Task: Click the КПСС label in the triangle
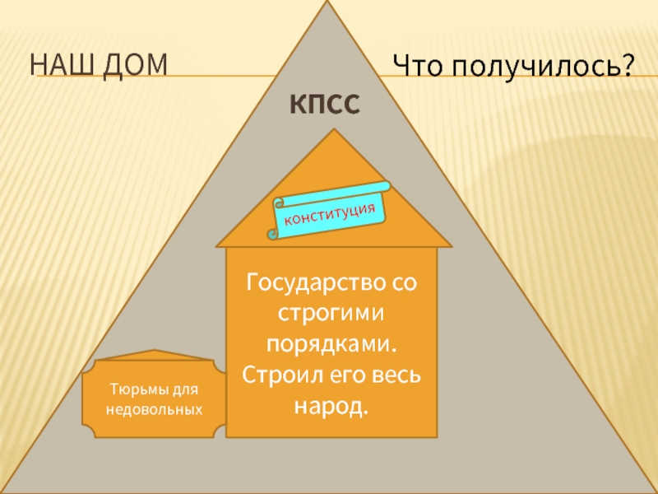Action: coord(325,105)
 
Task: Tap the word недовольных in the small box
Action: coord(155,408)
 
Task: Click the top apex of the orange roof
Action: coord(333,131)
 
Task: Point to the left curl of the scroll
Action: coord(277,203)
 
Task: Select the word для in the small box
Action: coord(185,389)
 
